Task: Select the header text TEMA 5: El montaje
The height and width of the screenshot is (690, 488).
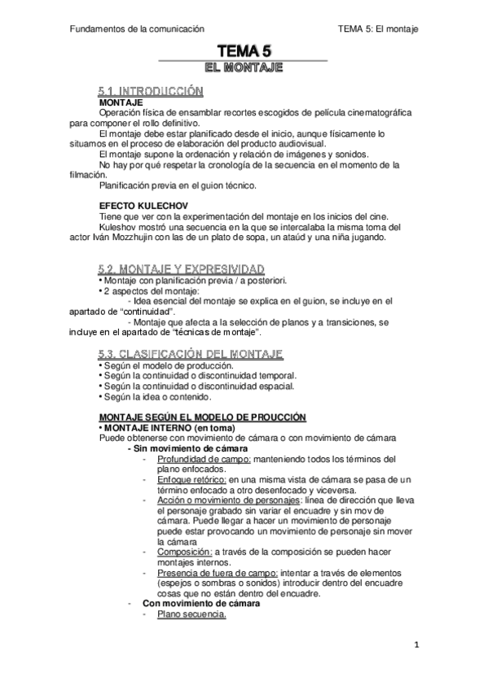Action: click(377, 29)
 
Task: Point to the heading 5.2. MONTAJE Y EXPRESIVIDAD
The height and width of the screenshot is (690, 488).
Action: click(181, 269)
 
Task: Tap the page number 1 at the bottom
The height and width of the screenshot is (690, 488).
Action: click(415, 647)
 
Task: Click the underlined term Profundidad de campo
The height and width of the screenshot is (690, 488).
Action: click(191, 459)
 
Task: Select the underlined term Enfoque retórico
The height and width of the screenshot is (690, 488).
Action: click(182, 479)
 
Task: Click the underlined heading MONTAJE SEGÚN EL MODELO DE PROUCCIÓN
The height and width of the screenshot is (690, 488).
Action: click(197, 417)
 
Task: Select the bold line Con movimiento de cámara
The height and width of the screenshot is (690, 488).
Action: click(201, 604)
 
